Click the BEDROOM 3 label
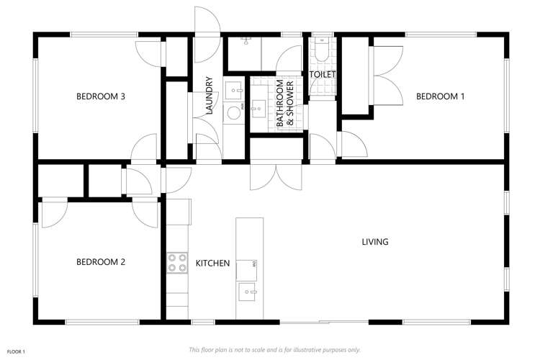[102, 96]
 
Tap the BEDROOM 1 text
[440, 96]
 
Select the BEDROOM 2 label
[101, 262]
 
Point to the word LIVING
[374, 242]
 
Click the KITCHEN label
[212, 264]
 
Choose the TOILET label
[323, 74]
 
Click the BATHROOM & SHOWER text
[286, 105]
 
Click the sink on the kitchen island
[249, 292]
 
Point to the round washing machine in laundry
[233, 112]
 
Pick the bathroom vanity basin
[257, 108]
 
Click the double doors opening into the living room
[275, 175]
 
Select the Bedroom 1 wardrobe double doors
[387, 76]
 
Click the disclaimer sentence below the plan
[274, 350]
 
